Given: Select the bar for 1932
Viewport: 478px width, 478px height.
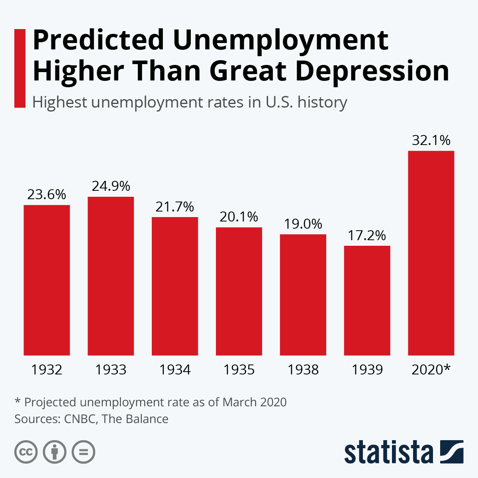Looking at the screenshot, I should [x=47, y=280].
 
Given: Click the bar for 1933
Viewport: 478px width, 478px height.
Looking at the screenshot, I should [x=111, y=276].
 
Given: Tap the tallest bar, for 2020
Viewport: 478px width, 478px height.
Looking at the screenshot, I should [x=431, y=253].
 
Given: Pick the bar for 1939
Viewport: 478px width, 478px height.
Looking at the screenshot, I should [x=367, y=300].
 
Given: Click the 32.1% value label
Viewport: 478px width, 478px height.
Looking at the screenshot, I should [x=431, y=140].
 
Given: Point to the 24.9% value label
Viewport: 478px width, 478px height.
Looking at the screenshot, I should [x=111, y=186].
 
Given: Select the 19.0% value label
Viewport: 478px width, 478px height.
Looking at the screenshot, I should [x=303, y=224].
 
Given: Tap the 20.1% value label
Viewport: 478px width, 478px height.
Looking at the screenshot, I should [x=239, y=217].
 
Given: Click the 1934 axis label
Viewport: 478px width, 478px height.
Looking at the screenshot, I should [x=175, y=370].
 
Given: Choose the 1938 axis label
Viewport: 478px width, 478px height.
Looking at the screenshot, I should [x=303, y=370].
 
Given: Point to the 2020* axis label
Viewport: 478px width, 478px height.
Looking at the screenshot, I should [x=431, y=370].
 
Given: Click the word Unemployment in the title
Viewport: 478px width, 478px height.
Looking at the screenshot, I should [x=280, y=41].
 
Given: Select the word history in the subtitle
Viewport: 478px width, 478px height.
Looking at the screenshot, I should [x=322, y=102].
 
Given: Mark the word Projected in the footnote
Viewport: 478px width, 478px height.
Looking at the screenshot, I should [x=50, y=402].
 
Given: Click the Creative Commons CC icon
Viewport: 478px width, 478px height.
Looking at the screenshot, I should [x=26, y=453].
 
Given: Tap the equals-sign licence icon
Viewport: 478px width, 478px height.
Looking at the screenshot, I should [x=83, y=453].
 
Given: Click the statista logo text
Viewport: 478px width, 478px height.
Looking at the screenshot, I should [x=388, y=453].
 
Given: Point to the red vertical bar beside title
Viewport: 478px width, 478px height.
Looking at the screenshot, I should [x=20, y=68].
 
